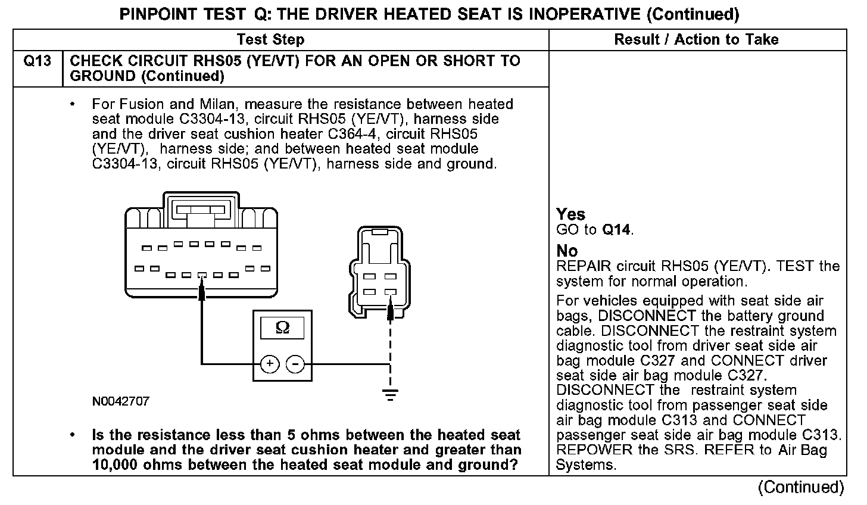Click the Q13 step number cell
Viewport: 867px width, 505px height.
pyautogui.click(x=37, y=61)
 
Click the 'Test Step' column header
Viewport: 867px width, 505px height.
pyautogui.click(x=270, y=40)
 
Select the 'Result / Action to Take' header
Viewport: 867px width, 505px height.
pyautogui.click(x=696, y=40)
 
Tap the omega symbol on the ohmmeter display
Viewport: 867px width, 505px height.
pyautogui.click(x=283, y=328)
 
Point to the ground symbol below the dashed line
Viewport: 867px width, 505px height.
pyautogui.click(x=390, y=394)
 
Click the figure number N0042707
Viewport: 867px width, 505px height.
pyautogui.click(x=121, y=401)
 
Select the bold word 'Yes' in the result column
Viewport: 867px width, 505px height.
pyautogui.click(x=570, y=214)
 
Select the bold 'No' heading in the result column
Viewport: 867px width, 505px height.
pyautogui.click(x=567, y=251)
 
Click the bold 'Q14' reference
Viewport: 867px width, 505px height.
pyautogui.click(x=617, y=230)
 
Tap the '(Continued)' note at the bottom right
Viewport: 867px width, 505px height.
pyautogui.click(x=801, y=488)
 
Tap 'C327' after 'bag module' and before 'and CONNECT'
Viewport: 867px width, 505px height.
pyautogui.click(x=662, y=361)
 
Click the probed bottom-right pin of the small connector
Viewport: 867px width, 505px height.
pyautogui.click(x=390, y=292)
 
